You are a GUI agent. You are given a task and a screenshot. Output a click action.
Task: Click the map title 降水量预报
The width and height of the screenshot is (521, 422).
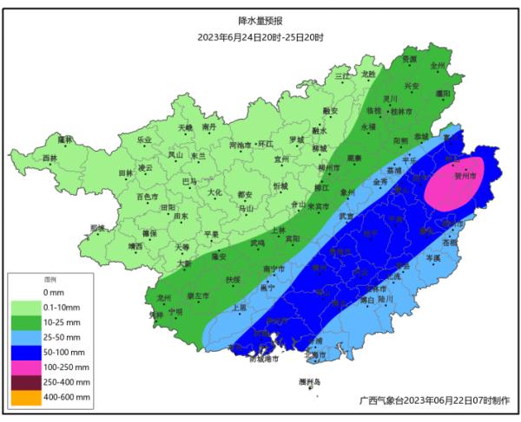tap(260, 20)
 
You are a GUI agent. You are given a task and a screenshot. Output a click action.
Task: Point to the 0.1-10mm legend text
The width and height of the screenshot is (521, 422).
tap(63, 307)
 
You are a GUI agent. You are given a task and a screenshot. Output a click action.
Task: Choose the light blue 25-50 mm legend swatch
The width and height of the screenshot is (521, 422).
tap(26, 335)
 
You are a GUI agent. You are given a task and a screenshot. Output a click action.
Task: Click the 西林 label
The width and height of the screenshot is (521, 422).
tap(49, 159)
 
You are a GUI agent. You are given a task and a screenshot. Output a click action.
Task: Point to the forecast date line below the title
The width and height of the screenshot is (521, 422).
tap(260, 37)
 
